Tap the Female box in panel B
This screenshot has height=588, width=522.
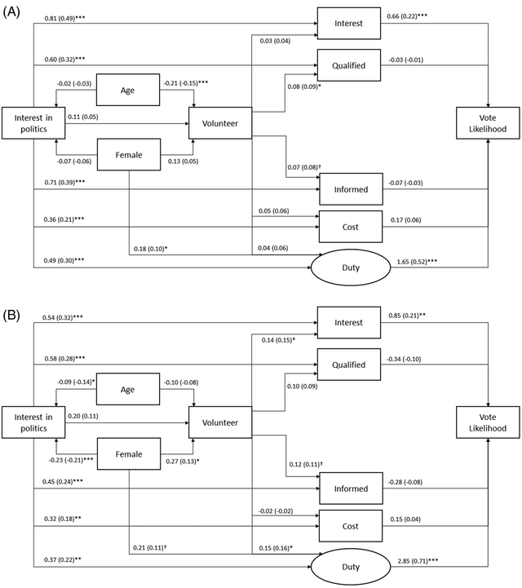(x=128, y=455)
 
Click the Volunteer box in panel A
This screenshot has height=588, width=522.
(x=220, y=125)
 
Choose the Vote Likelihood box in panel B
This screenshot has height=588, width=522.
(x=488, y=422)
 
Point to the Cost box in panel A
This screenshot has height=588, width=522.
(x=349, y=223)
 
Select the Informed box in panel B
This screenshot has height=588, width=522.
(x=349, y=489)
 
